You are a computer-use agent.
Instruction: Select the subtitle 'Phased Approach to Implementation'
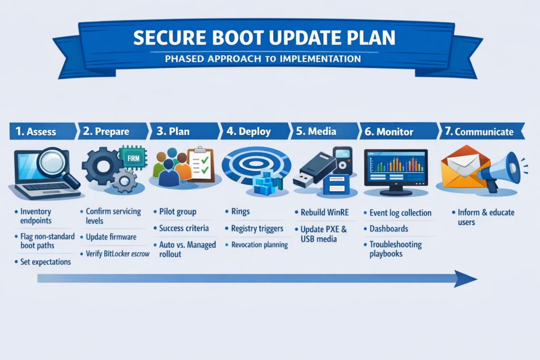pyautogui.click(x=263, y=59)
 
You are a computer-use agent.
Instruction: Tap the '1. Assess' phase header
pyautogui.click(x=36, y=131)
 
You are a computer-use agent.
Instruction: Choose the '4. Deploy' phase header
pyautogui.click(x=249, y=131)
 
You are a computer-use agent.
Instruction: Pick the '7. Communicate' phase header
pyautogui.click(x=479, y=131)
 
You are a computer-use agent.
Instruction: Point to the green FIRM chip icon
pyautogui.click(x=133, y=158)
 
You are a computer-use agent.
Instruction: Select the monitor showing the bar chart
pyautogui.click(x=396, y=172)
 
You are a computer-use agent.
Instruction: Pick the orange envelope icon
pyautogui.click(x=463, y=167)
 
